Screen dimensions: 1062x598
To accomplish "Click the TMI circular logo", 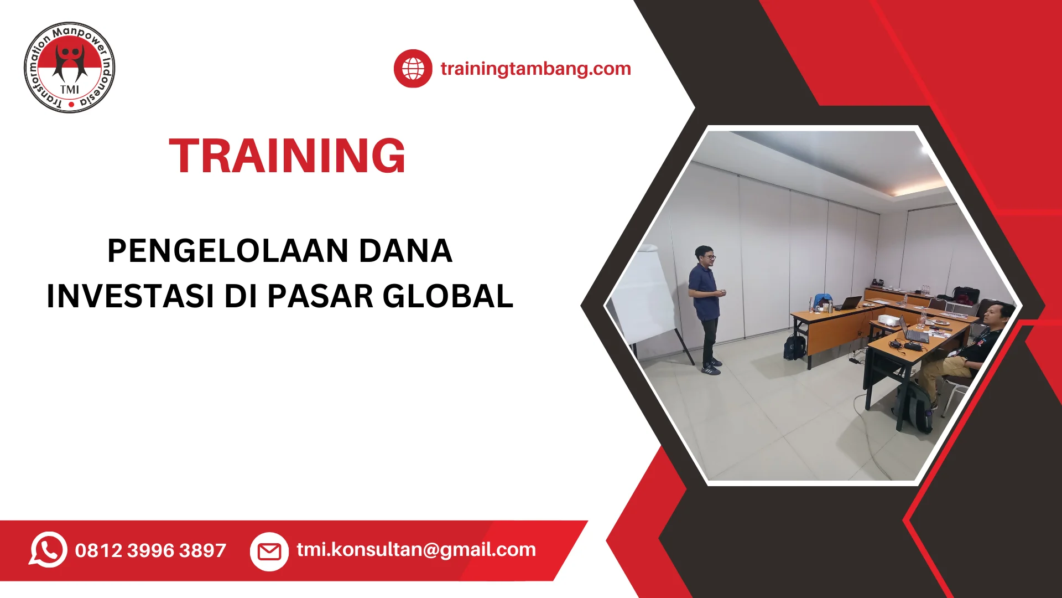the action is coord(70,68).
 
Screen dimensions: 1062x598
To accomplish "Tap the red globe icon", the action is coord(413,69).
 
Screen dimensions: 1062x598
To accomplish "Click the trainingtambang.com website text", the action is coord(535,69).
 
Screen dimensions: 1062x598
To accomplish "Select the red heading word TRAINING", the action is coord(287,156).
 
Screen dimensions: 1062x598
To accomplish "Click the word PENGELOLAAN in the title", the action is coord(228,251).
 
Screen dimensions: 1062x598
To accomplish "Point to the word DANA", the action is coord(405,251).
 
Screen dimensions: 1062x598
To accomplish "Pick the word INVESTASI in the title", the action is coord(131,296).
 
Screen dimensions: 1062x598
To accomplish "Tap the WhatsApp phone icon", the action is coord(48,550).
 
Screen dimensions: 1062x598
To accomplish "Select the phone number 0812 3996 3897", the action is coord(150,550).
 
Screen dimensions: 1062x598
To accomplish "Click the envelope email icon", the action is coord(269,551).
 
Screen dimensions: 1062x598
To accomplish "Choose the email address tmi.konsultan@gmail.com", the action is coord(416,550).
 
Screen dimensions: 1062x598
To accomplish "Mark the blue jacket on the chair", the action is coord(824,300).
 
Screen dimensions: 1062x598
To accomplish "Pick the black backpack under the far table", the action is coord(794,347).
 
